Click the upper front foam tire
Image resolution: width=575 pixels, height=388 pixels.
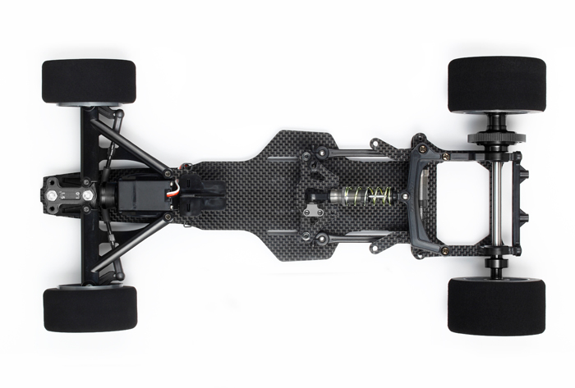pos(89,80)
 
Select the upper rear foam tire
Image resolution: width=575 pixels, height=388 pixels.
pos(496,84)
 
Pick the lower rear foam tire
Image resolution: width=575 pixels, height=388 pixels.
pos(496,306)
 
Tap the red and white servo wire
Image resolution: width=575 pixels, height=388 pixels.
pos(172,195)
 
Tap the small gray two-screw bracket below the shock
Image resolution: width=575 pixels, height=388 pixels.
pos(311,212)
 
